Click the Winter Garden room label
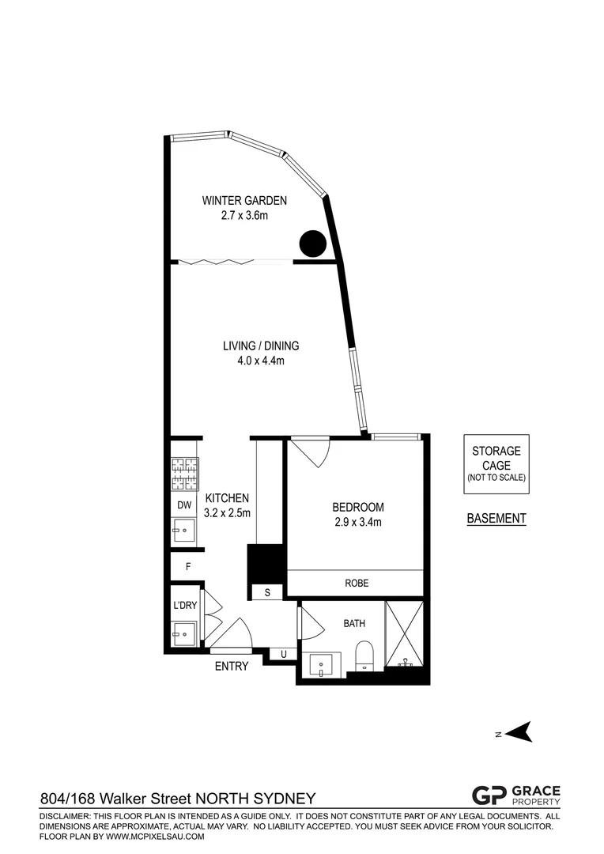pos(243,201)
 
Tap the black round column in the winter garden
pos(311,243)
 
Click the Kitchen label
pos(228,498)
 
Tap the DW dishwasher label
pos(184,504)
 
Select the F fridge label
pos(188,566)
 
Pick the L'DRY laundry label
pos(184,606)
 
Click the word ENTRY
pos(232,667)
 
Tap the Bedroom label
pos(358,507)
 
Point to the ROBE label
pos(357,584)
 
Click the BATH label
pos(354,623)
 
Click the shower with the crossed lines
pos(405,633)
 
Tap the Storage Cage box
pos(496,463)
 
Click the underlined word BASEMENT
pos(496,519)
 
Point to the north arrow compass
pos(518,733)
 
